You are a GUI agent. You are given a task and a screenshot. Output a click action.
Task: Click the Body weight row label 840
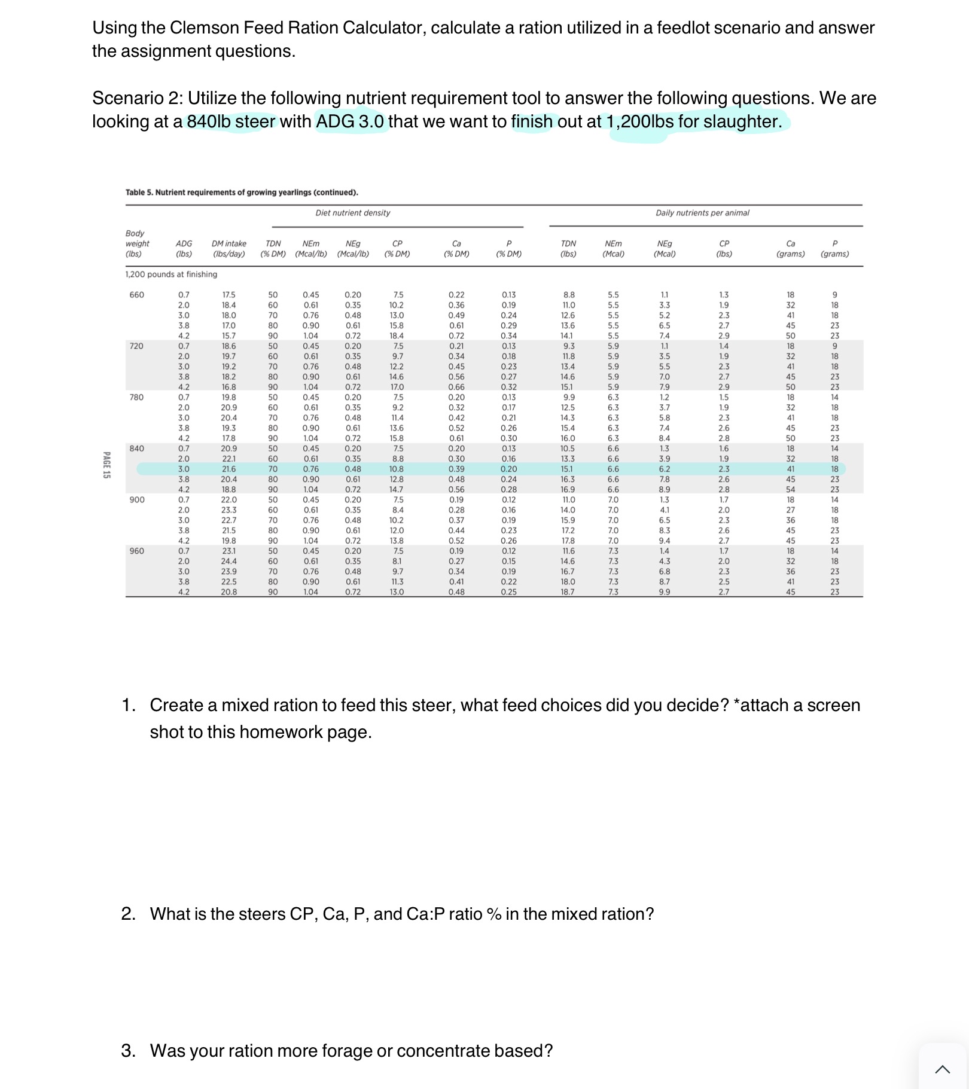tap(136, 449)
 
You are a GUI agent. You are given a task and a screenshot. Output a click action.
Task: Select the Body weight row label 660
tap(136, 295)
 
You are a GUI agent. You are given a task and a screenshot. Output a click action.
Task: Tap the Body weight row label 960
tap(136, 551)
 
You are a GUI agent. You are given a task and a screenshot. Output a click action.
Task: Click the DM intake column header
tap(228, 248)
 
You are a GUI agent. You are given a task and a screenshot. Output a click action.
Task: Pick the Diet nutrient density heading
tap(352, 213)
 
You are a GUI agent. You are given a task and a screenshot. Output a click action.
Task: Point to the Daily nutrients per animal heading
tap(702, 213)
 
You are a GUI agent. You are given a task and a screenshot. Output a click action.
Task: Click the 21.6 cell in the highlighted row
tap(228, 469)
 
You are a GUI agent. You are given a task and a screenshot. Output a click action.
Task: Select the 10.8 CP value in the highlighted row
tap(397, 469)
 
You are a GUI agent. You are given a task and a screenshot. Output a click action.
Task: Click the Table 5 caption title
tap(242, 193)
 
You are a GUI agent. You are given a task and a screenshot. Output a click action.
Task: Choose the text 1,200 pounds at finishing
tap(171, 274)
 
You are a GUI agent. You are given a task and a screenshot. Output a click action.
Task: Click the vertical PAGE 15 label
tap(106, 465)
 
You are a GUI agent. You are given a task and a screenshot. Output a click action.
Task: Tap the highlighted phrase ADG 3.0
tap(350, 121)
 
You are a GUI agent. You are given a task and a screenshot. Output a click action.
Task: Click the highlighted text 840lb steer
tap(231, 121)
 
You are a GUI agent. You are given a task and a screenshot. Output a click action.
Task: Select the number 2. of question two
tap(128, 914)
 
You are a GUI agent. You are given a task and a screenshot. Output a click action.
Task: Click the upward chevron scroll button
tap(942, 1069)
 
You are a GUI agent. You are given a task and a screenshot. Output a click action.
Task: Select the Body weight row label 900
tap(136, 500)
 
